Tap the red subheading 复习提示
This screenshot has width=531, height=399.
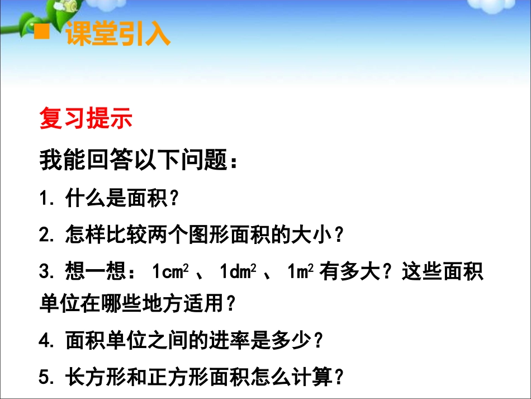pos(86,119)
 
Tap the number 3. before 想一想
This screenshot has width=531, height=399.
pos(49,272)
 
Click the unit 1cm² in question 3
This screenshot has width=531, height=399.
pos(172,272)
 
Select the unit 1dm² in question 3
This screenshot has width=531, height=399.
pos(240,272)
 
